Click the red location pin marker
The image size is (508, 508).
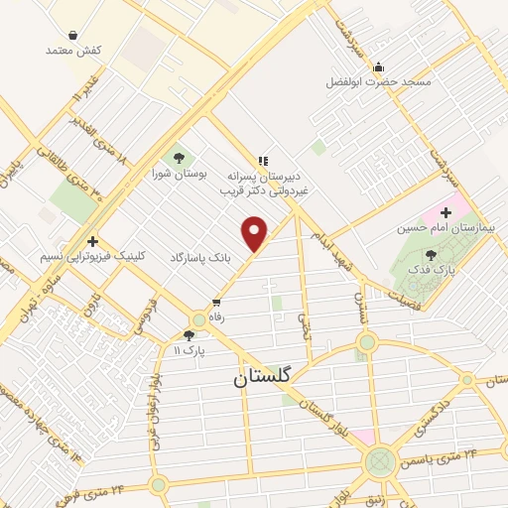point(255,234)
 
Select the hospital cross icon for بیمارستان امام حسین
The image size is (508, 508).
point(445,212)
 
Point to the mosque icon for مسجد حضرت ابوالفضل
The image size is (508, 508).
point(378,67)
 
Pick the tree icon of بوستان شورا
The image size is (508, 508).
point(178,156)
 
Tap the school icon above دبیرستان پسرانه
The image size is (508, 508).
point(263,160)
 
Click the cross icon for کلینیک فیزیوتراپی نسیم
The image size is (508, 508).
point(92,241)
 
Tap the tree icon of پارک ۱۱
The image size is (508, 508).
point(190,335)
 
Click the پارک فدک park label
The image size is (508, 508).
point(431,270)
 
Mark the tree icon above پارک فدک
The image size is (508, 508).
point(430,255)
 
